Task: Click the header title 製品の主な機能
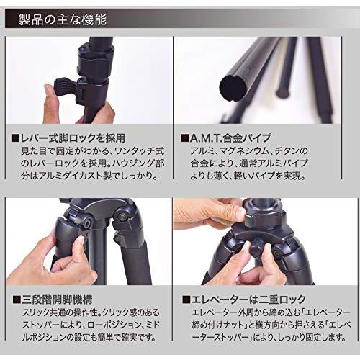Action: click(63, 20)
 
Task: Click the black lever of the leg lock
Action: click(65, 86)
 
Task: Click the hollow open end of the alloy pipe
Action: click(233, 89)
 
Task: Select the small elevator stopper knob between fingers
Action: click(258, 249)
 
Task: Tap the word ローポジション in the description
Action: click(114, 325)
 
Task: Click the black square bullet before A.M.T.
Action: click(185, 138)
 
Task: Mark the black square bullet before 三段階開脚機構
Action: click(17, 300)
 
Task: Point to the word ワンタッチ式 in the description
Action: click(140, 151)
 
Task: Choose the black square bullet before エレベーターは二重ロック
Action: click(186, 300)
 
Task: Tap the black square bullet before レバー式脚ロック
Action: click(15, 138)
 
